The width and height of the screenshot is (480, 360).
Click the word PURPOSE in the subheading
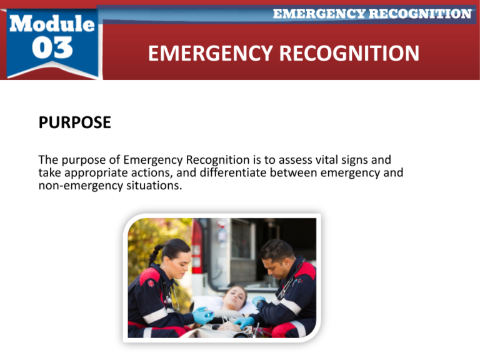tap(75, 122)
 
